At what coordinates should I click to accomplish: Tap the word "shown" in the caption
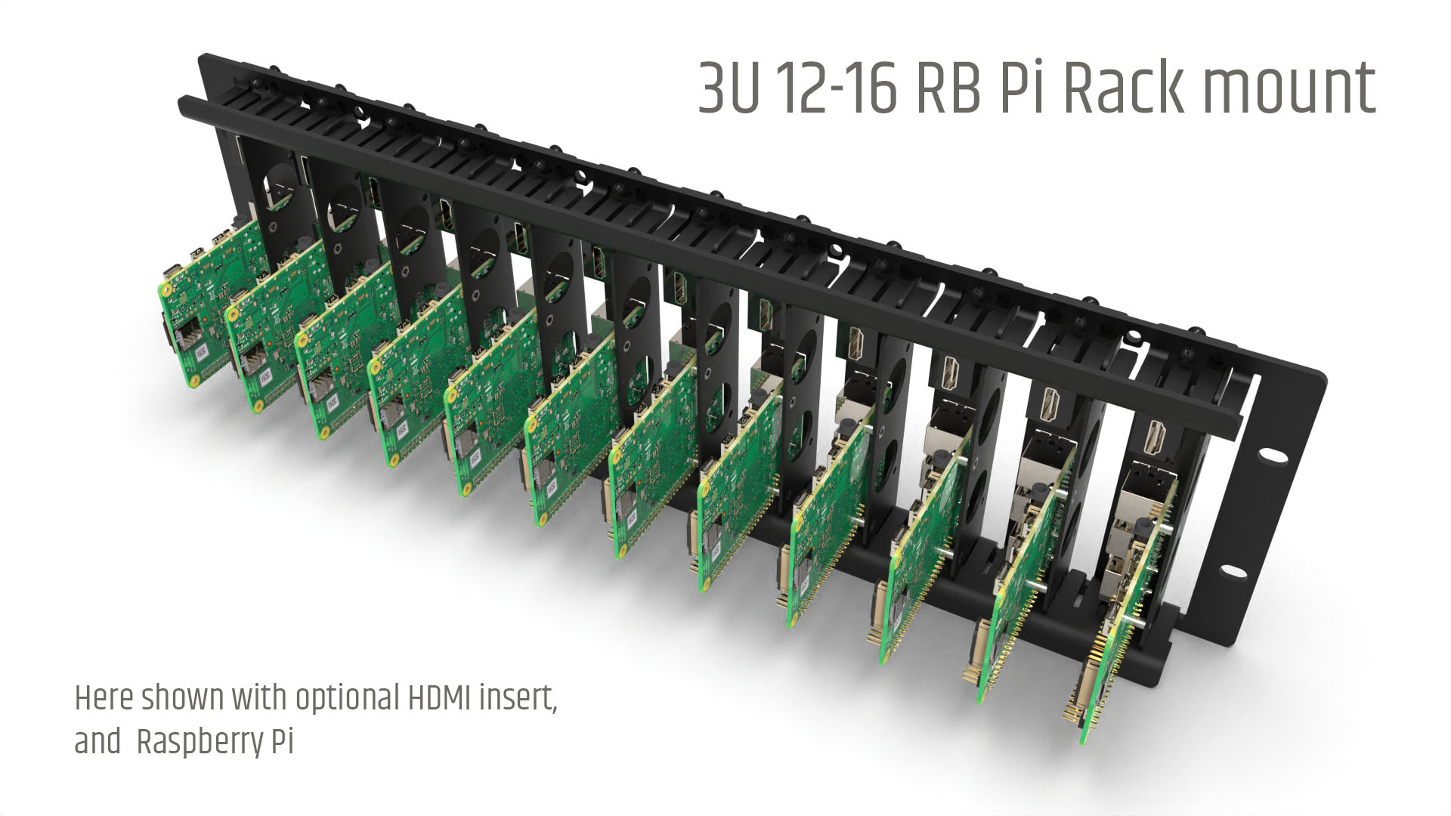(178, 698)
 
